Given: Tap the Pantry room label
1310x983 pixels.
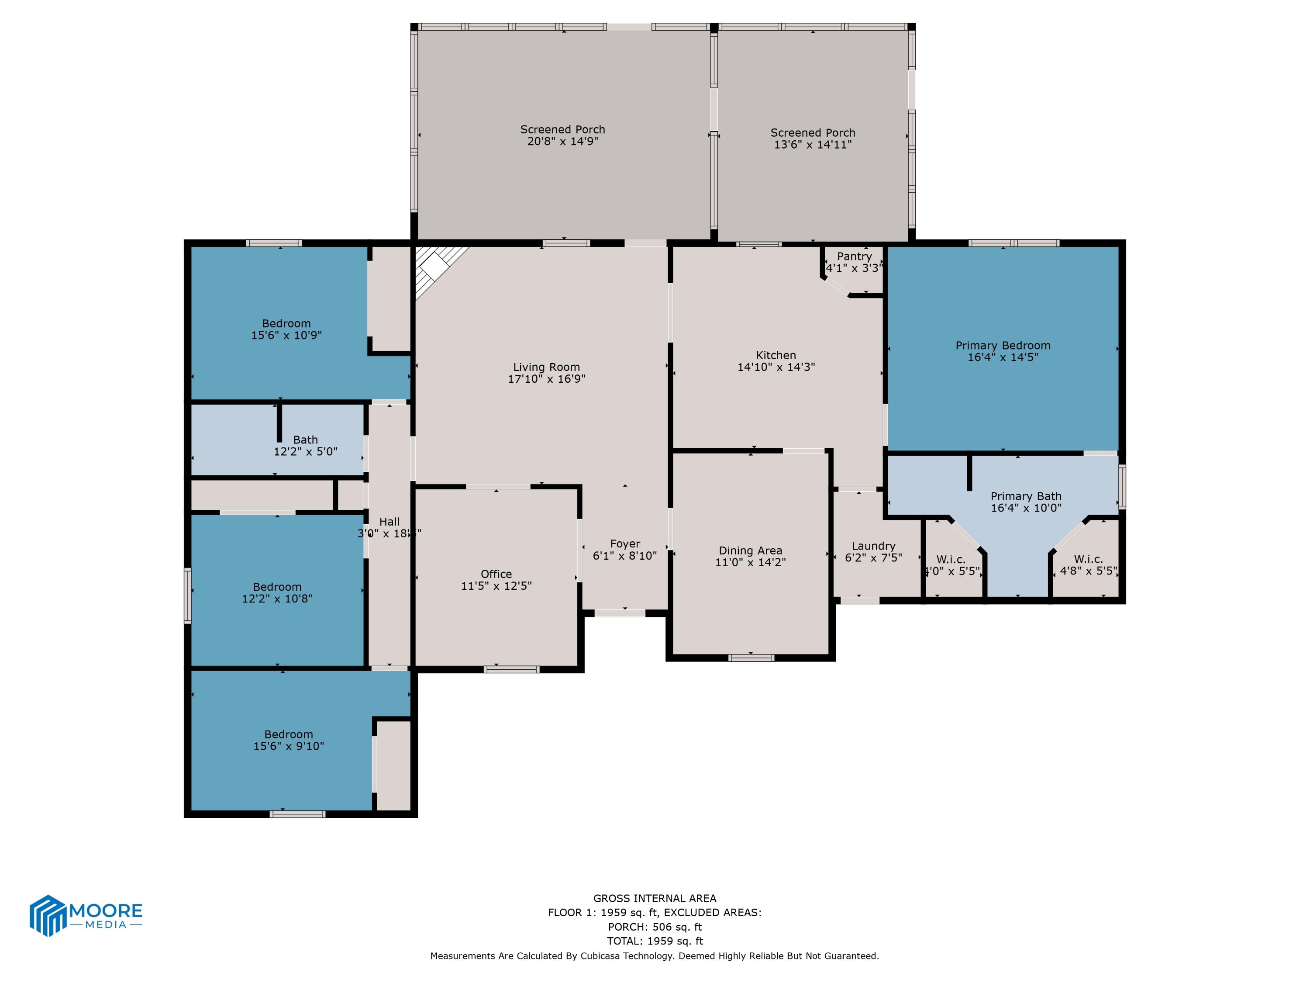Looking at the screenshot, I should coord(854,256).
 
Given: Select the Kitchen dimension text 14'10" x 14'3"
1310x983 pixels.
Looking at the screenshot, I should coord(776,367).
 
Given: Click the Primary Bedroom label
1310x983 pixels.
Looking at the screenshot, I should coord(1003,346).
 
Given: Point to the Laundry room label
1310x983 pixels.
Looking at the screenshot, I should coord(873,546).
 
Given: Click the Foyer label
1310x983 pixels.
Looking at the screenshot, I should coord(625,544).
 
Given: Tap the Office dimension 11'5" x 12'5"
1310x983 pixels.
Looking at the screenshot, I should coord(496,586).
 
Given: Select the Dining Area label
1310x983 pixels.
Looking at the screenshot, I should coord(750,551).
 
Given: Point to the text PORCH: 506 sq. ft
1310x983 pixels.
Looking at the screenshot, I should coord(655,927).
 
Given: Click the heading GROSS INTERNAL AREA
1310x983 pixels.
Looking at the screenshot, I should coord(655,898).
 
